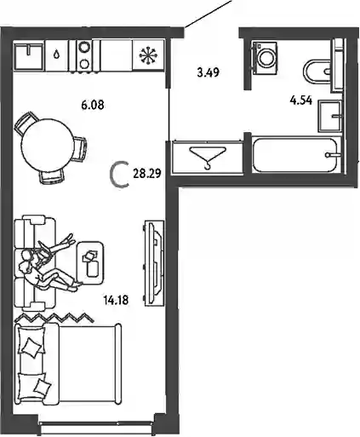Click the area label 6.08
click(x=93, y=105)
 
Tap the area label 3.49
click(x=209, y=72)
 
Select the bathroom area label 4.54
click(x=301, y=101)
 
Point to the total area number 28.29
click(x=147, y=173)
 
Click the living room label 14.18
click(x=116, y=300)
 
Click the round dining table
click(x=47, y=146)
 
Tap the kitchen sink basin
click(x=29, y=56)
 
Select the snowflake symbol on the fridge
click(x=148, y=55)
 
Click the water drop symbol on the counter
click(x=57, y=54)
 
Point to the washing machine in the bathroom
click(x=265, y=58)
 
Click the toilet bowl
click(x=317, y=72)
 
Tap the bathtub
click(x=295, y=155)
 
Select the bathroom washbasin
click(x=330, y=116)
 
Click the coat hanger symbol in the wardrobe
click(x=209, y=157)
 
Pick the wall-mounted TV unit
click(x=154, y=263)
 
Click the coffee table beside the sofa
click(x=91, y=262)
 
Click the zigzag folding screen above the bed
click(x=54, y=318)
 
